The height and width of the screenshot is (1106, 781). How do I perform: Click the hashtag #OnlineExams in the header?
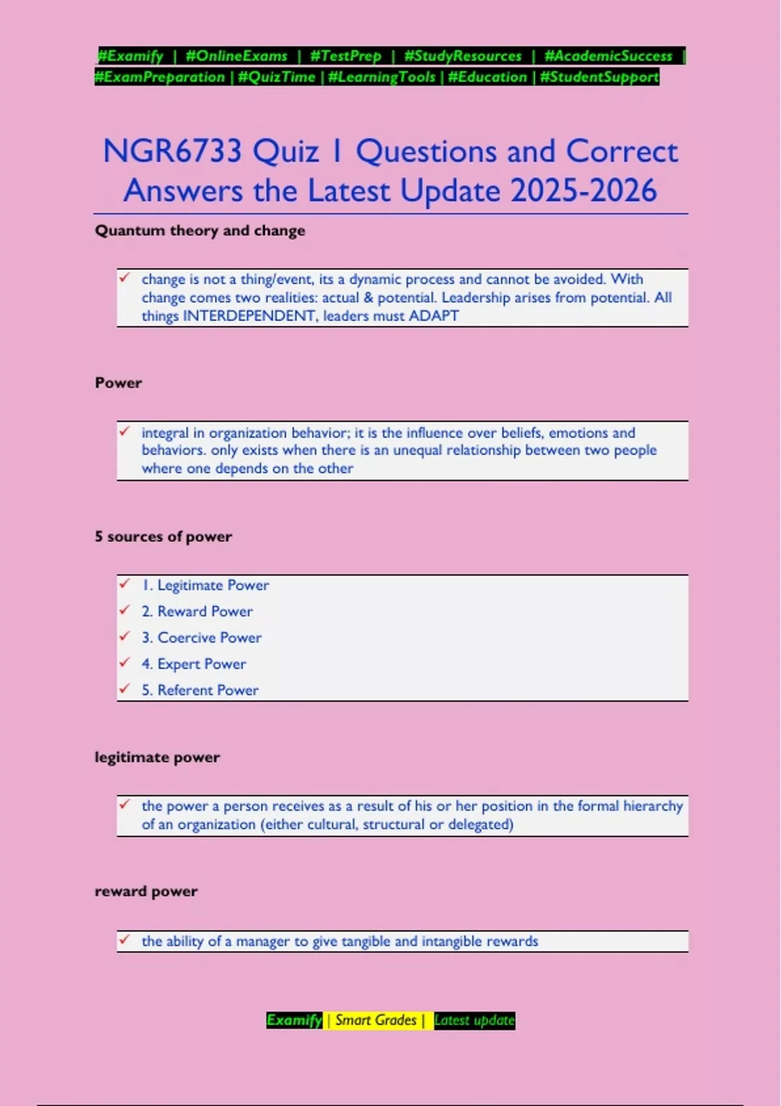click(236, 56)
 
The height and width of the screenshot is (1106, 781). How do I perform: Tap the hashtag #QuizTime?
click(277, 77)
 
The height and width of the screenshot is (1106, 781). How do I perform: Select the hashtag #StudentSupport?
click(599, 77)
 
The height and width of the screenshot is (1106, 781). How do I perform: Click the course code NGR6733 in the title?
click(172, 151)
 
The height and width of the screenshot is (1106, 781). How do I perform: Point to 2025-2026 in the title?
click(584, 191)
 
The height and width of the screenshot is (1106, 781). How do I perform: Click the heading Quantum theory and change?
click(200, 231)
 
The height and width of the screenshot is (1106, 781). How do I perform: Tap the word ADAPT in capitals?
click(433, 316)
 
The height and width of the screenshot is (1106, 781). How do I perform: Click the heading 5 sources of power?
click(163, 537)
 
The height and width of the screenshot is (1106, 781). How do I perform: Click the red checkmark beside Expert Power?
click(125, 662)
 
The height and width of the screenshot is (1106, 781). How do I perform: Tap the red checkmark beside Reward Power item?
click(125, 610)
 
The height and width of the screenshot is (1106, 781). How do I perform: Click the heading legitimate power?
click(158, 757)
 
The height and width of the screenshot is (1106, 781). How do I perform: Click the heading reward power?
click(146, 891)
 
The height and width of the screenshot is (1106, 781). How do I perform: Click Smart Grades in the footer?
click(376, 1020)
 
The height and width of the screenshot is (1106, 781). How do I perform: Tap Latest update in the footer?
click(474, 1020)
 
